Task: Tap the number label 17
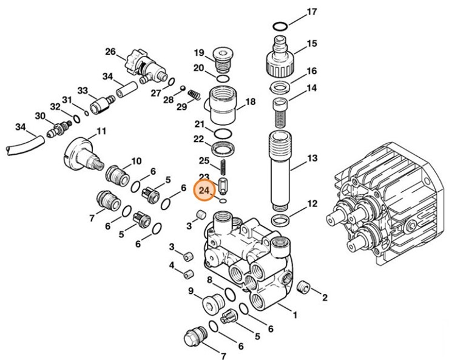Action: [312, 12]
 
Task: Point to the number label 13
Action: [312, 158]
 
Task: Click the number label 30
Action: [40, 116]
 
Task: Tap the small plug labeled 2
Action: [307, 287]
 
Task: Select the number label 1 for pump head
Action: [295, 315]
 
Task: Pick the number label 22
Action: [199, 139]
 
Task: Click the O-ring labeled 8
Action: [229, 295]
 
